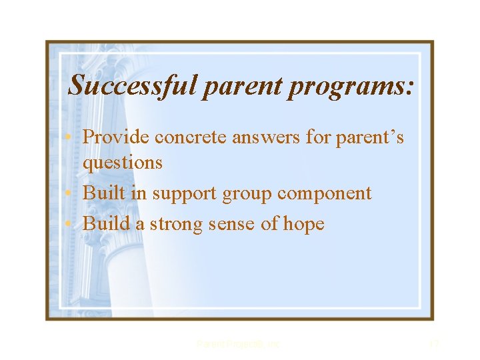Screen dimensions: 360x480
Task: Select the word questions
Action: [x=123, y=163]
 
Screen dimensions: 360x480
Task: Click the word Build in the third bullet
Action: [x=107, y=223]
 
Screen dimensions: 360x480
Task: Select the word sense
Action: [x=234, y=225]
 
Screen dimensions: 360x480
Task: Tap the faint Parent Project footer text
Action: [x=239, y=344]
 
